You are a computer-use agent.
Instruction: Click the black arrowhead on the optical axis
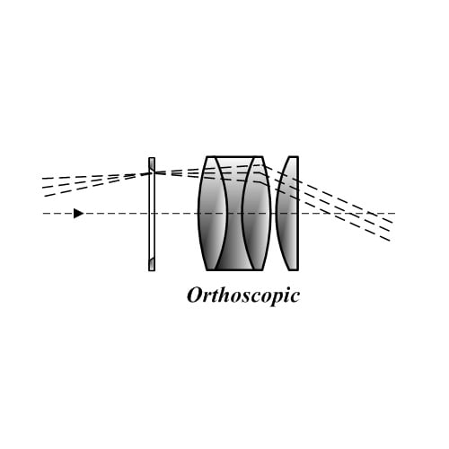(x=78, y=214)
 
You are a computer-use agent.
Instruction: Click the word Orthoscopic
(x=243, y=295)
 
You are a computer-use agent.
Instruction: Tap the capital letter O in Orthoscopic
(x=195, y=295)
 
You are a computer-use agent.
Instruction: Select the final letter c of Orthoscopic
(x=294, y=297)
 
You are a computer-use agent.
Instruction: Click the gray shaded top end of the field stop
(x=152, y=164)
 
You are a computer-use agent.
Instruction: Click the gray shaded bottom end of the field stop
(x=152, y=264)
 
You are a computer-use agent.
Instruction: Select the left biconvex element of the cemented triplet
(x=211, y=214)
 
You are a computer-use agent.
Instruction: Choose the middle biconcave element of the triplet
(x=235, y=214)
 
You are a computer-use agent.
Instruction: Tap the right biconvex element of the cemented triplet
(x=257, y=214)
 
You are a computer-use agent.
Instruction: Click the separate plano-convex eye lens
(x=287, y=214)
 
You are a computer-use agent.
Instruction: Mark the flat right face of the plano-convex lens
(x=298, y=214)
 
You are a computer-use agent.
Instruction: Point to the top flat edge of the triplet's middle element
(x=235, y=156)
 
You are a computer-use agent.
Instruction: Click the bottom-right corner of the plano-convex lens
(x=298, y=270)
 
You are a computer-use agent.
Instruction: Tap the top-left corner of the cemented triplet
(x=207, y=156)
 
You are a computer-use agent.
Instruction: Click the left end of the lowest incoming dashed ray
(x=44, y=197)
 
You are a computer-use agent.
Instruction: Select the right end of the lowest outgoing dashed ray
(x=390, y=241)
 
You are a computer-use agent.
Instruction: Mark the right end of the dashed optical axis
(x=395, y=214)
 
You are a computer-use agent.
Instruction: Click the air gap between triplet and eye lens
(x=274, y=214)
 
